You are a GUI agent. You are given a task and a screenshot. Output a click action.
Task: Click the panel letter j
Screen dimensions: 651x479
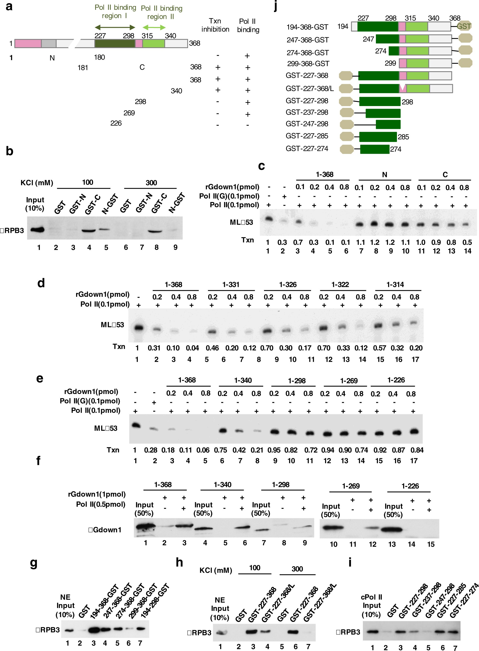275,6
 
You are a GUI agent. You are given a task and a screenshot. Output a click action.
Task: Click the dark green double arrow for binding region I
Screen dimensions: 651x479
115,27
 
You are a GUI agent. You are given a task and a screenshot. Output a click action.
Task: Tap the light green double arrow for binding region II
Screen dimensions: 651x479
154,27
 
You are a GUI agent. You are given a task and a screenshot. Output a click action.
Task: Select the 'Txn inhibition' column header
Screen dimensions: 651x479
215,25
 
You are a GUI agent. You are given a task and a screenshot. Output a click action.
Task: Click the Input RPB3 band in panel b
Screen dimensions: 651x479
37,230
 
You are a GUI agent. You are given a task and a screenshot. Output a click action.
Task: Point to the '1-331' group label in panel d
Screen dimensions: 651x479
231,285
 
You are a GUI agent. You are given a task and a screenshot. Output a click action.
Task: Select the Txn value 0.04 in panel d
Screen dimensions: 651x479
192,348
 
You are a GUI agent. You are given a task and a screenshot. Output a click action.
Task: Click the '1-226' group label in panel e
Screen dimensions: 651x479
396,380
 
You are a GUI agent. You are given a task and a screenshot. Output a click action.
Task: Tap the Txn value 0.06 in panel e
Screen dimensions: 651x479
203,450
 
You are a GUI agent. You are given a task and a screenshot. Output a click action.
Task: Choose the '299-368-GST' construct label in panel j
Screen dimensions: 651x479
308,64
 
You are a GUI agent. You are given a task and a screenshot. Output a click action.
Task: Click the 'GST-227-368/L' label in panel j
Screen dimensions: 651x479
309,88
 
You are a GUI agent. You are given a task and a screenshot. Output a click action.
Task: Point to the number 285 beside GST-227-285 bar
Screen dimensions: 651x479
403,137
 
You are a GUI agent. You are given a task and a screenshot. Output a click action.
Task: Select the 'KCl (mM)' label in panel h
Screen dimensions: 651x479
216,570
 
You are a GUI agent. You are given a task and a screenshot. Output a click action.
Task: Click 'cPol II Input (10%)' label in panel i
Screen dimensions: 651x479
371,606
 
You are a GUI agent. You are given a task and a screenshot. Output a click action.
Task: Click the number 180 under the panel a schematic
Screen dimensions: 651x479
99,57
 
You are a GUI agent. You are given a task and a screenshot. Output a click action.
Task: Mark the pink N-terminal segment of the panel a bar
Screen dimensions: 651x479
28,43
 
